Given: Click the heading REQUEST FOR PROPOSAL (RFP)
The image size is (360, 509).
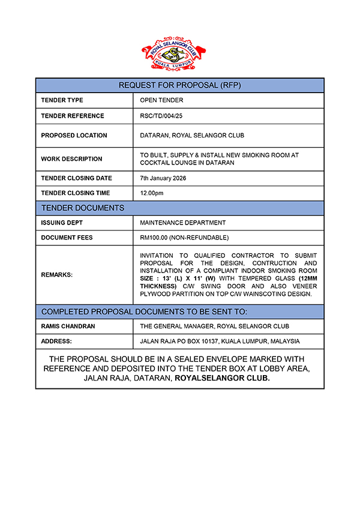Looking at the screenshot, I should click(180, 85).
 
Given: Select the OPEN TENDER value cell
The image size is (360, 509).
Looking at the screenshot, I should click(161, 100).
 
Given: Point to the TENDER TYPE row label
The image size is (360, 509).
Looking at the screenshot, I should click(62, 100).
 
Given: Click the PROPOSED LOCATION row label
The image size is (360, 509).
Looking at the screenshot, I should click(74, 136).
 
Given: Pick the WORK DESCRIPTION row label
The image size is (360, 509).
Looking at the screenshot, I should click(71, 159).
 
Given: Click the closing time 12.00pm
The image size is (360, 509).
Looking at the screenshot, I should click(151, 193).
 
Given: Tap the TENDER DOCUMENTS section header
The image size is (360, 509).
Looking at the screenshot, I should click(83, 208).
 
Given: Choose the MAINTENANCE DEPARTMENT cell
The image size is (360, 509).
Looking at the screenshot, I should click(182, 223).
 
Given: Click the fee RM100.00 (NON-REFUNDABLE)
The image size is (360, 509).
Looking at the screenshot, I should click(184, 238).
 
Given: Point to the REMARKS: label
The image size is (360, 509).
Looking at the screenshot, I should click(56, 275).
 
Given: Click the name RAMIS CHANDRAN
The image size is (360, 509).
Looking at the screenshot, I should click(68, 327).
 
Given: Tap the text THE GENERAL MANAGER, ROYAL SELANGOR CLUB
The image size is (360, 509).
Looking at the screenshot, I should click(214, 327).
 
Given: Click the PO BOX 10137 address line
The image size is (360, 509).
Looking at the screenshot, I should click(220, 341).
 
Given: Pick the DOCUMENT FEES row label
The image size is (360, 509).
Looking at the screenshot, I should click(67, 238).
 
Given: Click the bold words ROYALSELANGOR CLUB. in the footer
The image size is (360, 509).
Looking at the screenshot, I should click(222, 379).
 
